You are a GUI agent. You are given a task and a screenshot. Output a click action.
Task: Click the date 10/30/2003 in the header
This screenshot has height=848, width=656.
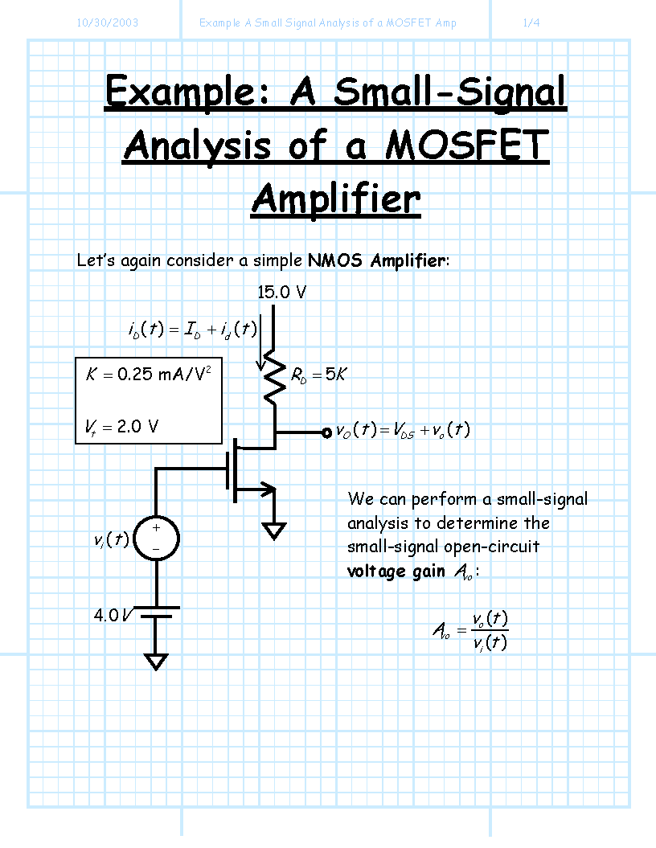coord(107,23)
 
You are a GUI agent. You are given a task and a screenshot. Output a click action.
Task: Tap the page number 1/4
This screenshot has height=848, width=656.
coord(531,23)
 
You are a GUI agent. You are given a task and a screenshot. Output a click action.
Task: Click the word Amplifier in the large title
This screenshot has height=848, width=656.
coord(336,199)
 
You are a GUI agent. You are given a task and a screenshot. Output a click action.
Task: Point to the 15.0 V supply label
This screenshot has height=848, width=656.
coord(281,292)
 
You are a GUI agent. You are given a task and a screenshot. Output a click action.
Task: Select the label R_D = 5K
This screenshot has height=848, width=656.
coord(318,375)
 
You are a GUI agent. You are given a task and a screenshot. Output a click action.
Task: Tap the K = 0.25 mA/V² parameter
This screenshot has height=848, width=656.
coord(148,373)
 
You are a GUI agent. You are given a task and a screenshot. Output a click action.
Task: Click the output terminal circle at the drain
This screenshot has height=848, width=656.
coord(326,432)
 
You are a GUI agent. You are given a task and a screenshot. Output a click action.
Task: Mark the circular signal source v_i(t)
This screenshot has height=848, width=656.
coord(156,538)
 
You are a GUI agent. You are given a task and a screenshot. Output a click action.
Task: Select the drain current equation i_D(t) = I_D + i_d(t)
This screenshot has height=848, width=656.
coord(192,329)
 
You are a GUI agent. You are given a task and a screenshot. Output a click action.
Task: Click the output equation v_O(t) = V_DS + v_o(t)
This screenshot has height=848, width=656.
coord(403,431)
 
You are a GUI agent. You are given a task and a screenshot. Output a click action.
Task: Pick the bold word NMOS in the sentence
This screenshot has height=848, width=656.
coord(334,260)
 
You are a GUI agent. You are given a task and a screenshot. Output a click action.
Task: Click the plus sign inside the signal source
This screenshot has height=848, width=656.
coord(156,528)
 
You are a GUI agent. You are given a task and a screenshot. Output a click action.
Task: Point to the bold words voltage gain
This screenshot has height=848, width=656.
coord(396,571)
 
